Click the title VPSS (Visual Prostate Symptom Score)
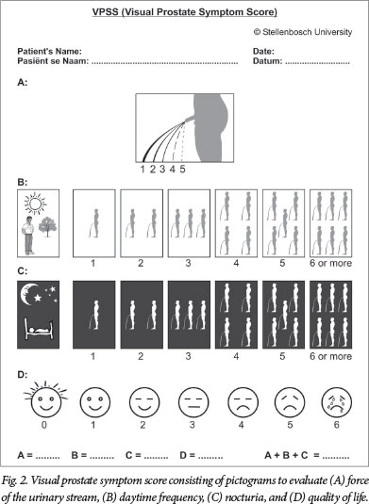[185, 12]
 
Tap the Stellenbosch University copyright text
[303, 32]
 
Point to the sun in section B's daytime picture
[35, 203]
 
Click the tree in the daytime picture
[47, 226]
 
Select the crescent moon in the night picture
[29, 294]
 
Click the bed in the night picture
[39, 328]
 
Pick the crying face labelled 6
[337, 401]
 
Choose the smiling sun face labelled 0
[45, 399]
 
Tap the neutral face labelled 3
[193, 401]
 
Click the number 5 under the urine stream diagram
[182, 169]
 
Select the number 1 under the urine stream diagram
[143, 169]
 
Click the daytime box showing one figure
[94, 223]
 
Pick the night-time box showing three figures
[189, 315]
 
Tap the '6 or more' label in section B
[330, 263]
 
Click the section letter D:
[23, 374]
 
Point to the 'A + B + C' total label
[286, 455]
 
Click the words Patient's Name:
[50, 51]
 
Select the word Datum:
[268, 60]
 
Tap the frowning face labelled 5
[290, 401]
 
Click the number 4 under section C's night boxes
[236, 356]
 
